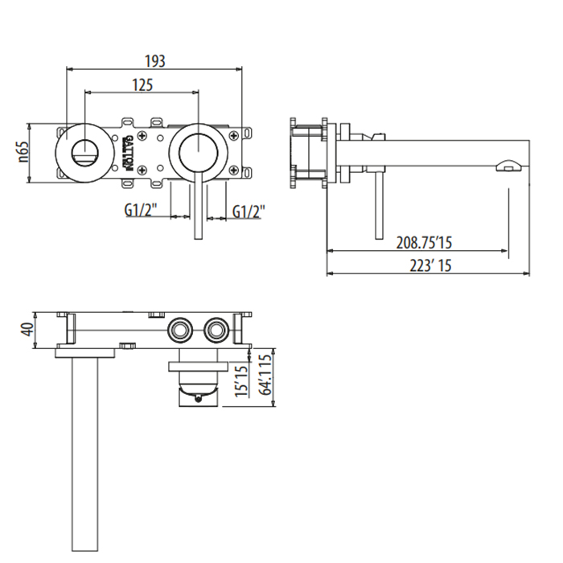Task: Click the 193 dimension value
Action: tap(155, 61)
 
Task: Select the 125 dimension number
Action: tap(142, 85)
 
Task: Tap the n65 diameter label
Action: tap(23, 152)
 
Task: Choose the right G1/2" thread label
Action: tap(249, 212)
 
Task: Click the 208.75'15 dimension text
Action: tap(424, 243)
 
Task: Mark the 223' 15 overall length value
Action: tap(430, 265)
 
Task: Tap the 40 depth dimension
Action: tap(27, 330)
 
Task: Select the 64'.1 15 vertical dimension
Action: tap(265, 375)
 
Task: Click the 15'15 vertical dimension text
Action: tap(241, 381)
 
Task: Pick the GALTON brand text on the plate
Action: tap(127, 153)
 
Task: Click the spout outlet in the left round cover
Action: tap(84, 153)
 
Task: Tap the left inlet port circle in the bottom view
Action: tap(180, 330)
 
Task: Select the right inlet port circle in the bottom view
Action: tap(216, 330)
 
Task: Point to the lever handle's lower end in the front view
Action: tap(198, 238)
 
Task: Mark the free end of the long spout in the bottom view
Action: tap(85, 550)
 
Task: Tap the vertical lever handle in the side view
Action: tap(379, 205)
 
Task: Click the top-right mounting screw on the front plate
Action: tap(234, 135)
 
